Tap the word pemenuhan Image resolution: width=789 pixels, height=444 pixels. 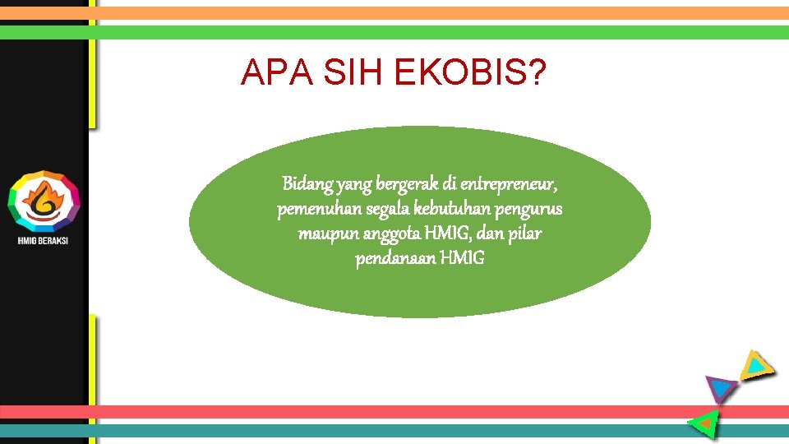[x=311, y=209]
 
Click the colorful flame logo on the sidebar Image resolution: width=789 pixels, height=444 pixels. [x=44, y=201]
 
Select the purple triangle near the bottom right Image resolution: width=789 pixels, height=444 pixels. [x=721, y=387]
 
